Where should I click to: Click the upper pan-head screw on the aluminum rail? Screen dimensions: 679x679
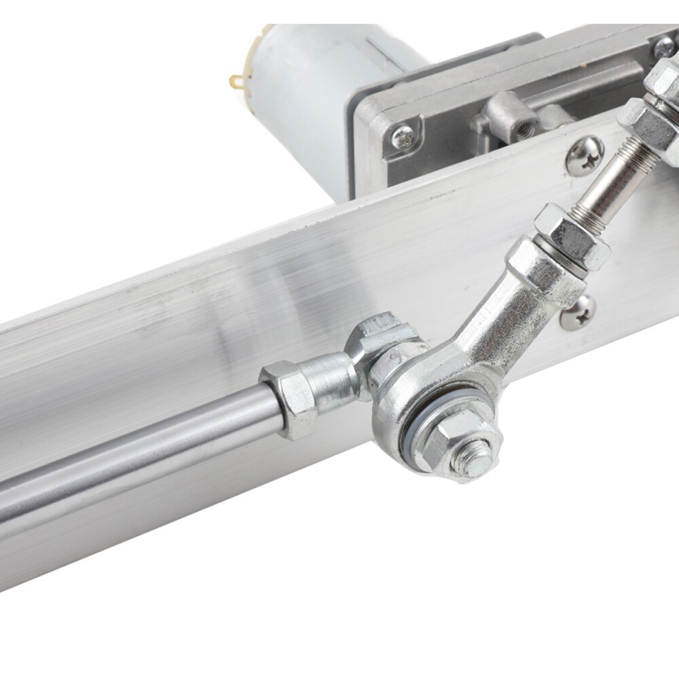tap(585, 155)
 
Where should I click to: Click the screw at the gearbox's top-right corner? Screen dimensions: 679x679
tap(662, 46)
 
